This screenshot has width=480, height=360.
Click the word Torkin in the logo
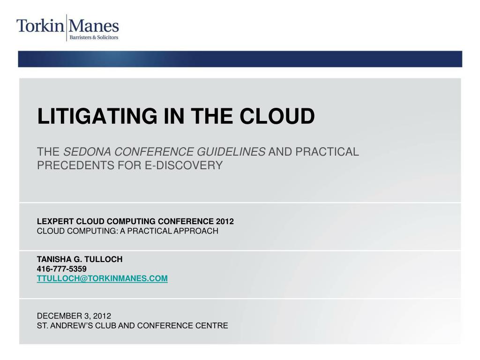(x=40, y=26)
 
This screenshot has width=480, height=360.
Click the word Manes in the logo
(x=94, y=26)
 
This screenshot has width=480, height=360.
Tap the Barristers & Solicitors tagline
(x=94, y=37)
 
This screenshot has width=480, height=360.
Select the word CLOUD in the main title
(x=277, y=116)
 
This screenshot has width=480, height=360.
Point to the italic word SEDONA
(x=87, y=152)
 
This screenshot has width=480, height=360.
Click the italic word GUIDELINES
(x=231, y=152)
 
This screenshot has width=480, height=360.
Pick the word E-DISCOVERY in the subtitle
(x=184, y=165)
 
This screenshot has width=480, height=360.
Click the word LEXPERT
(x=55, y=221)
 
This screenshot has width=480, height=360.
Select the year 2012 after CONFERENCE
(x=225, y=221)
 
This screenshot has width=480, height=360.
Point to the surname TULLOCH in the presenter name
(x=104, y=259)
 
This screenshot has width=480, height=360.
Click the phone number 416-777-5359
(x=61, y=269)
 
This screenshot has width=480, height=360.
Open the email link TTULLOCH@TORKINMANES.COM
(x=102, y=278)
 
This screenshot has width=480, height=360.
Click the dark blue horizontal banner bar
(x=240, y=59)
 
